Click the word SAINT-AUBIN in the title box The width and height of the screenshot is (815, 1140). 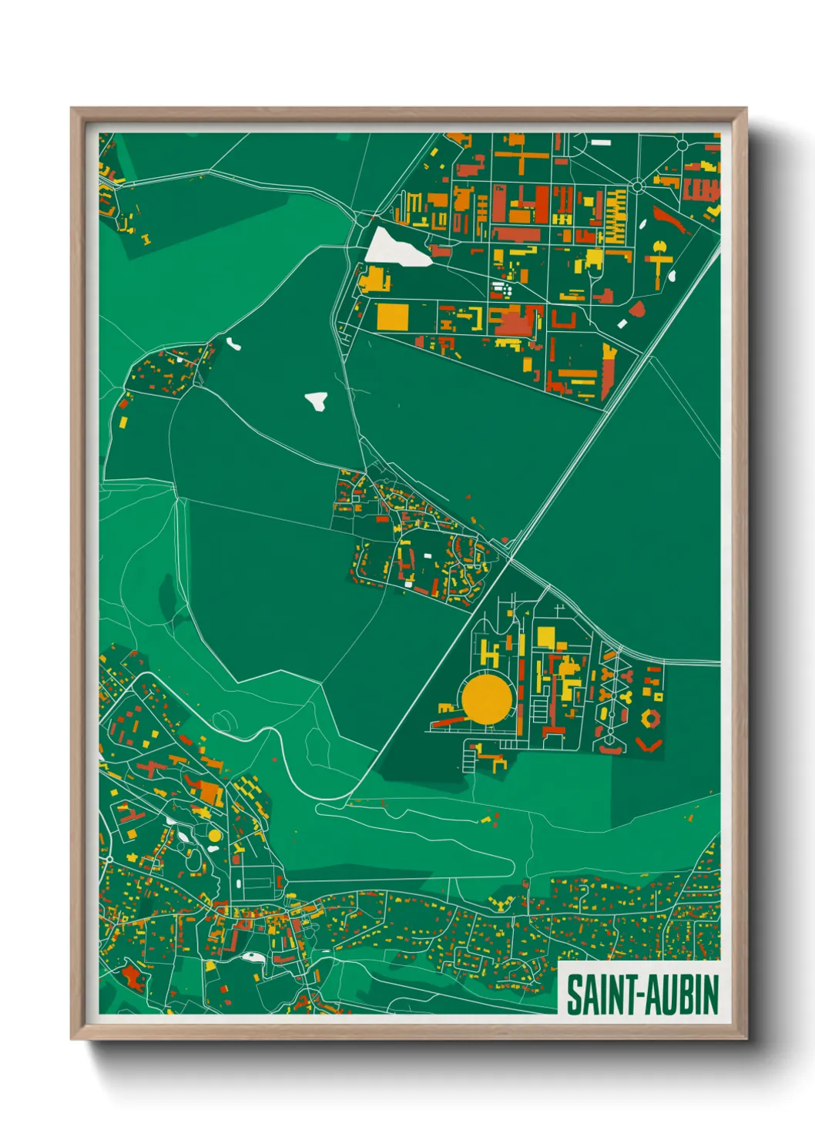point(642,994)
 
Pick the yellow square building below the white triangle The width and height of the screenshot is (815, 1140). point(392,317)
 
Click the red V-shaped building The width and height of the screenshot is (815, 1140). point(649,745)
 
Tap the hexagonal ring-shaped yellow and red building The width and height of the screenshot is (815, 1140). point(651,718)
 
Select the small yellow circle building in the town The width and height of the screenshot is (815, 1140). point(214,834)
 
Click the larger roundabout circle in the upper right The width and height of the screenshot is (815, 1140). point(638,186)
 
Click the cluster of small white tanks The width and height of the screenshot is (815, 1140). point(501,290)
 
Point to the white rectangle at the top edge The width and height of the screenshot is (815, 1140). point(600,142)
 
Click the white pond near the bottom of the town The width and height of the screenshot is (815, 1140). point(252,957)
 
